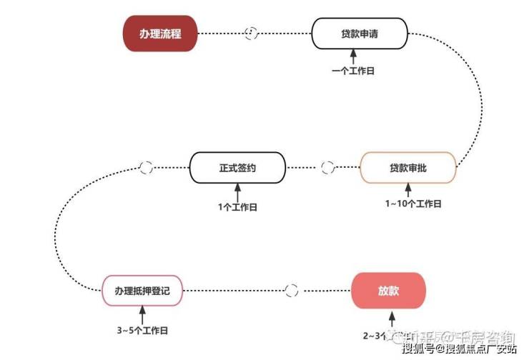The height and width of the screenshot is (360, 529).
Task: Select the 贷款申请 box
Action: coord(360,33)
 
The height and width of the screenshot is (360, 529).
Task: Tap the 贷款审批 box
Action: coord(408,168)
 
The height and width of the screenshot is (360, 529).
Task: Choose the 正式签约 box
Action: coord(237,168)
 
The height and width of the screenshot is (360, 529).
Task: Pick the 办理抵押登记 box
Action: coord(142,290)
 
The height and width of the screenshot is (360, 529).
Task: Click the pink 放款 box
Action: coord(389,291)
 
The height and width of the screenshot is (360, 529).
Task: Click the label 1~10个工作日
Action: coord(413,204)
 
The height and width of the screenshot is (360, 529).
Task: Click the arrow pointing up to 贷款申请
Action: coord(354,56)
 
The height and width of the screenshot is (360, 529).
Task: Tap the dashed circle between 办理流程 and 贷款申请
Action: coord(252,33)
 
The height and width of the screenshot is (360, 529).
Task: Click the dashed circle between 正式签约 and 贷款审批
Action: coord(328,168)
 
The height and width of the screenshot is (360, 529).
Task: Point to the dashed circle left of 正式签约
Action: coord(146,168)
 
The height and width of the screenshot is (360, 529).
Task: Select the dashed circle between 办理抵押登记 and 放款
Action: coord(291,291)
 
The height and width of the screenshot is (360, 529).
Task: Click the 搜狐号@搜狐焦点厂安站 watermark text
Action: coord(459,349)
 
